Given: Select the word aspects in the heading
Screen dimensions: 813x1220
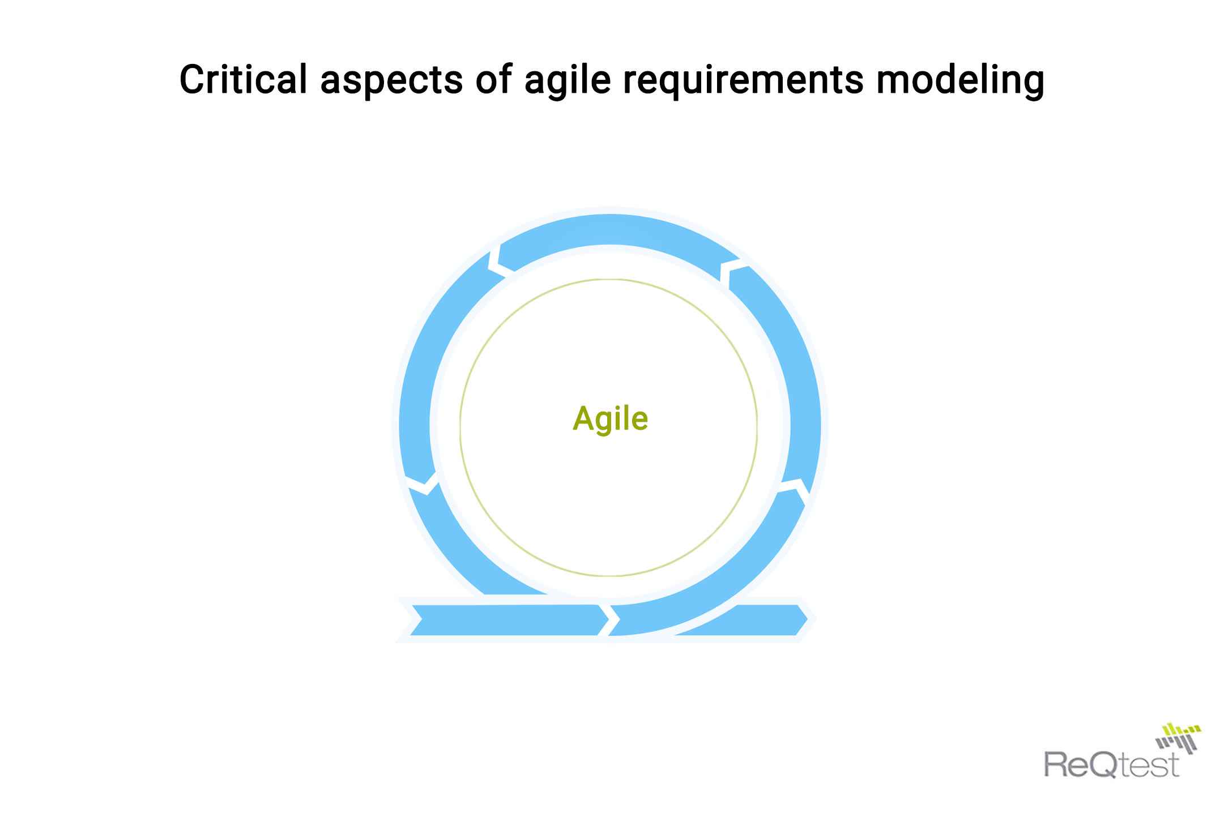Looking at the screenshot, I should coord(391,80).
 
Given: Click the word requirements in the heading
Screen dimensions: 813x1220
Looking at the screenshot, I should coord(743,80).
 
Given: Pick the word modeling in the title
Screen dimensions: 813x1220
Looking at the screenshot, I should coord(959,80).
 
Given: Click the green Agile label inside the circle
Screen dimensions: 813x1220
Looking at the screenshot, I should coord(610,419).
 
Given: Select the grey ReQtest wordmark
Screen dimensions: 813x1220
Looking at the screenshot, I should coord(1112,764).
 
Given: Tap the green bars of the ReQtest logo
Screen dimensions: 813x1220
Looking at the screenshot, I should coord(1178,730).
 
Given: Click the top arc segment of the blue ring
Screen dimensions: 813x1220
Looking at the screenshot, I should coord(610,230).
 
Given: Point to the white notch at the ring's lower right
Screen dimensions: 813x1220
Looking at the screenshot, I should coord(796,487).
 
